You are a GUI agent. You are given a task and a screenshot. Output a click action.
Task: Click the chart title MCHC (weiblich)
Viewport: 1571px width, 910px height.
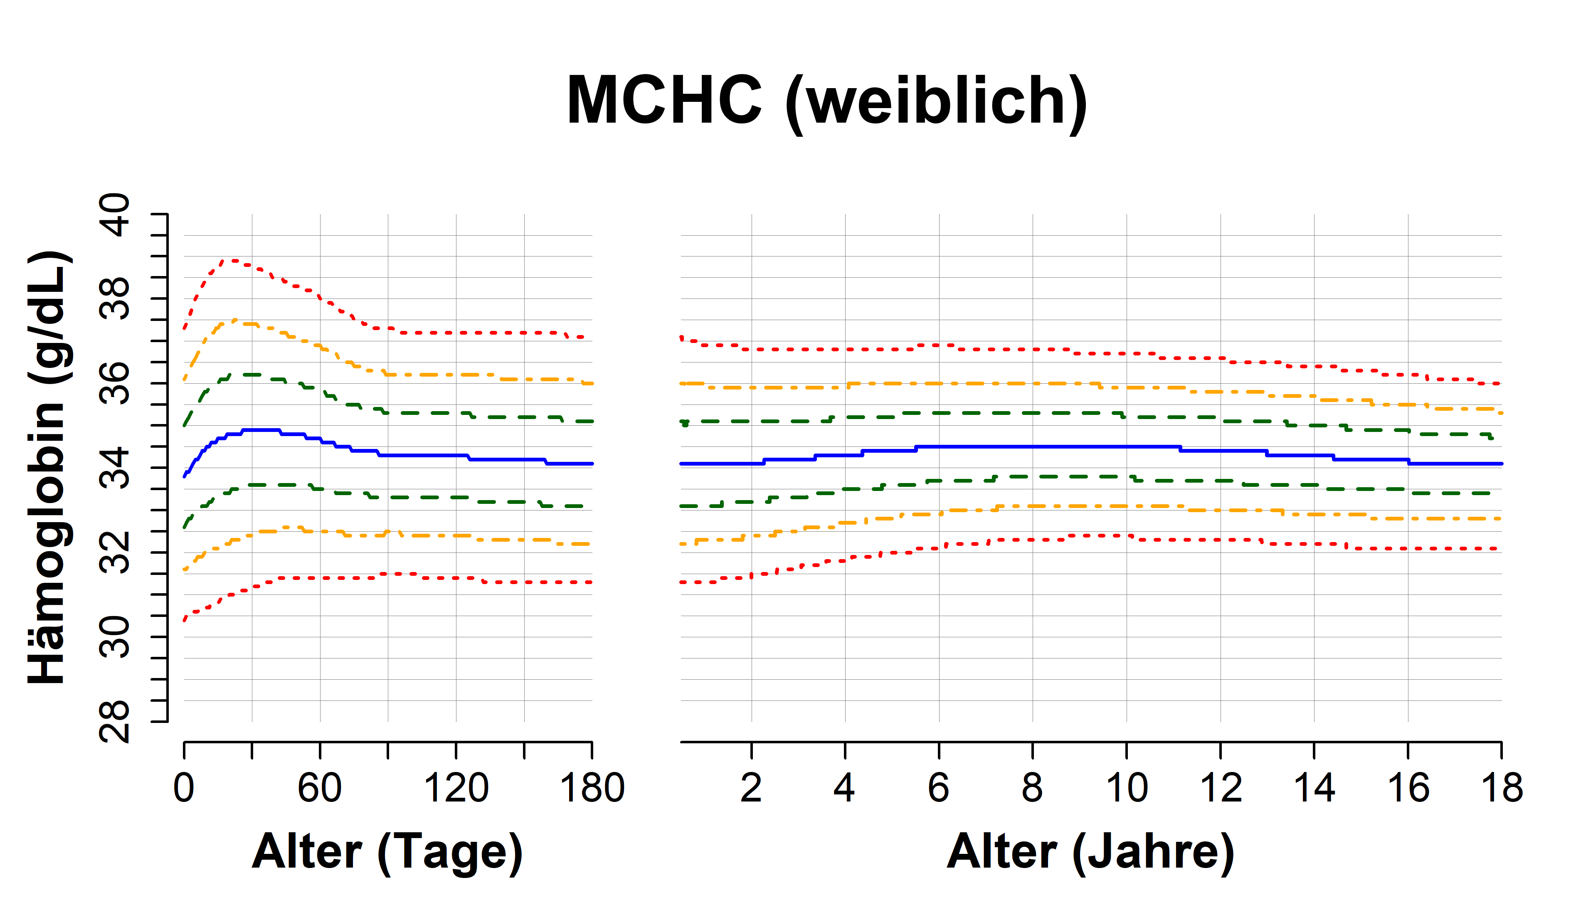[x=826, y=101]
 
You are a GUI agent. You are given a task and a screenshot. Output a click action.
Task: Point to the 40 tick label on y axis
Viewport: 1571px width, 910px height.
[x=115, y=215]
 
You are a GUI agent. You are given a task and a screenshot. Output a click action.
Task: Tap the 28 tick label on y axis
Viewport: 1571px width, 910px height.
[x=115, y=721]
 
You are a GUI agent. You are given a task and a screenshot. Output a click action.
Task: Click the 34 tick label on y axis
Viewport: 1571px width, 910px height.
[x=115, y=468]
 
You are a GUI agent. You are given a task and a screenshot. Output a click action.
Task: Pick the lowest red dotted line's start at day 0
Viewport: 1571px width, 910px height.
[x=185, y=620]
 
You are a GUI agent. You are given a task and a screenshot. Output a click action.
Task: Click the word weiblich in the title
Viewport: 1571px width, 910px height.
[x=935, y=101]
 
